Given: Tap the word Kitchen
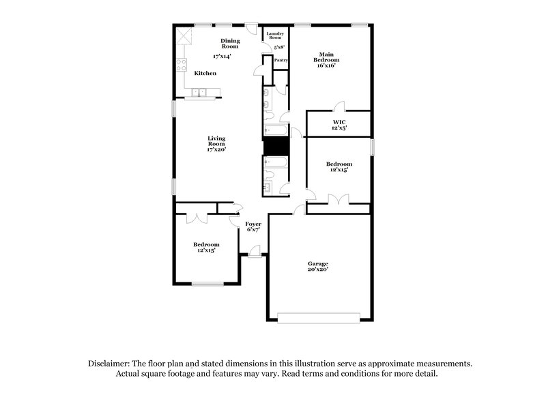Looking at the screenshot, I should point(205,73).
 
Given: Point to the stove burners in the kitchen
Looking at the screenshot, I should point(182,65).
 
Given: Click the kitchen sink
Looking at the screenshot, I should point(199,93).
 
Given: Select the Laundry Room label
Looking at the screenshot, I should point(275,35).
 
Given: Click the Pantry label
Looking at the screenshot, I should point(281,60).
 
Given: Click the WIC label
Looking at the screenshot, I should point(340,123).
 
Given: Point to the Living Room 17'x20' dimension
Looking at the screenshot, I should point(216,149).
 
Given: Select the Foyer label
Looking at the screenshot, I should point(253,224).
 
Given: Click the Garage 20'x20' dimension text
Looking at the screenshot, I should point(317,269).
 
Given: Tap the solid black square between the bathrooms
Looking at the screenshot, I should point(276,147).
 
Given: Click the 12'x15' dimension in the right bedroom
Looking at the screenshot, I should point(339,170).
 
